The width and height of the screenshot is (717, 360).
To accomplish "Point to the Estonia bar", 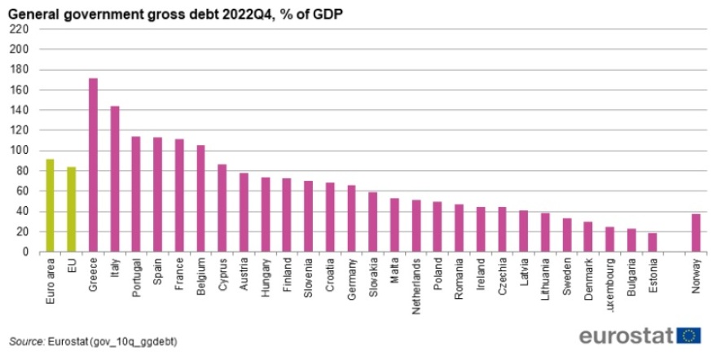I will point(653,243).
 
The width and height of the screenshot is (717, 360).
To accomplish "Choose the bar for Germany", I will point(351,218).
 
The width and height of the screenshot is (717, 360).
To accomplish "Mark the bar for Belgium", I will point(200,199).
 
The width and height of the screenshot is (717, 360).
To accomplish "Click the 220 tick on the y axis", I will point(20,29).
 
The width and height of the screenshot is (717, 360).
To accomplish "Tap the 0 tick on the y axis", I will point(25,252).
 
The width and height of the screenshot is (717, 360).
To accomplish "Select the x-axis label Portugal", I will point(136,277).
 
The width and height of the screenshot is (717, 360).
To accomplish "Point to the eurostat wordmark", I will point(626,336).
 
